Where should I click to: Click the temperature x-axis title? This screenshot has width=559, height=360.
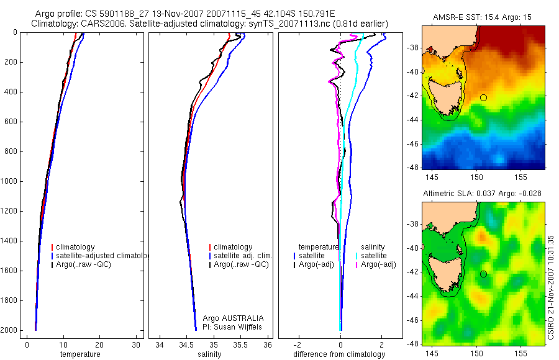(80, 354)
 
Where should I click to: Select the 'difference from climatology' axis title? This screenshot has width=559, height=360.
(340, 354)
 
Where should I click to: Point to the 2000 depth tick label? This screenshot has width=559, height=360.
(10, 330)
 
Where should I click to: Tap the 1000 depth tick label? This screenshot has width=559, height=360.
(10, 181)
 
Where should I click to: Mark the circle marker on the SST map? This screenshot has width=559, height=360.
(483, 97)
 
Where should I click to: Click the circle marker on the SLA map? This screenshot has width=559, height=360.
(483, 274)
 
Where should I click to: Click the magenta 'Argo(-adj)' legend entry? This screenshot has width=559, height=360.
(378, 264)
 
